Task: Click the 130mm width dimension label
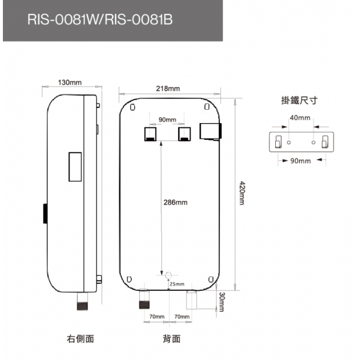tap(70, 82)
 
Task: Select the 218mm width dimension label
tap(168, 89)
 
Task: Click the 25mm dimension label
tap(176, 284)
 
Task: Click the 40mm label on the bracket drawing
tap(300, 117)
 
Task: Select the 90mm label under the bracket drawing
tap(300, 161)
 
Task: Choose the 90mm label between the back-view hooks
tap(167, 120)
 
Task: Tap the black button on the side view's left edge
tap(44, 213)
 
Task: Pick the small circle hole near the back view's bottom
tap(168, 275)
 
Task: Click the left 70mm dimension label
tap(157, 316)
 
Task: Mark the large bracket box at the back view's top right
tap(209, 131)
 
